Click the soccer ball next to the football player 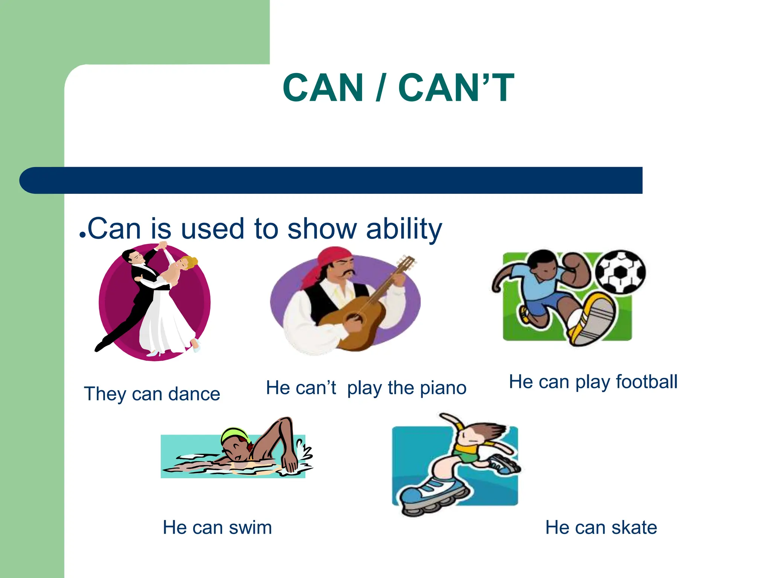[x=620, y=272]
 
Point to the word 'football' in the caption [x=646, y=382]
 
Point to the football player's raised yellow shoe [x=591, y=320]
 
